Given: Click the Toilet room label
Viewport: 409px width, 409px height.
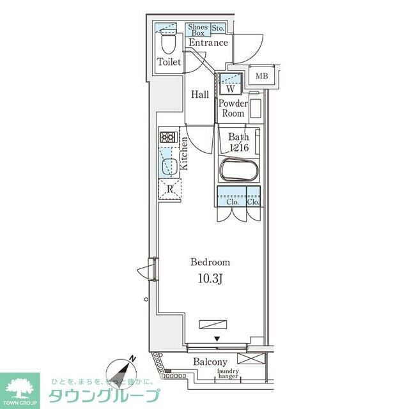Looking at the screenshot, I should click(x=169, y=63).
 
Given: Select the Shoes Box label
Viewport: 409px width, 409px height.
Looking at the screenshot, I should click(x=197, y=29).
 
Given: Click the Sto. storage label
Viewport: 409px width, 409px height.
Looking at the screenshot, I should click(x=218, y=28).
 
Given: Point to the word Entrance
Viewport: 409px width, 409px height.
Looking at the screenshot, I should click(x=208, y=43).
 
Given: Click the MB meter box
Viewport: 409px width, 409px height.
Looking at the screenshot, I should click(x=262, y=77).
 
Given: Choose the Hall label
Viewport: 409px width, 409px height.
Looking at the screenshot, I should click(x=200, y=95).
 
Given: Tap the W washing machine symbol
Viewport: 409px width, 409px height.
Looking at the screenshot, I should click(x=229, y=89).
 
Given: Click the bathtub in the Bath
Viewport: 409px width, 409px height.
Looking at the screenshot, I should click(x=238, y=171).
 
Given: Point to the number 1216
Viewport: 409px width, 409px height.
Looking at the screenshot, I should click(x=238, y=148).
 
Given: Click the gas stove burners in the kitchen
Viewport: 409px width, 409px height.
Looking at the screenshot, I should click(x=167, y=137).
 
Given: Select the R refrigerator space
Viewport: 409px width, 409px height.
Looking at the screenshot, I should click(x=170, y=189).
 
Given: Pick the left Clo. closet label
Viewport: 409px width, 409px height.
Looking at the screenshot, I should click(x=232, y=202).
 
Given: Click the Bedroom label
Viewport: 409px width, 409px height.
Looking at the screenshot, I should click(x=210, y=262).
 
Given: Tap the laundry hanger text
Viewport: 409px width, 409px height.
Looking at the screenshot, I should click(x=228, y=375).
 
